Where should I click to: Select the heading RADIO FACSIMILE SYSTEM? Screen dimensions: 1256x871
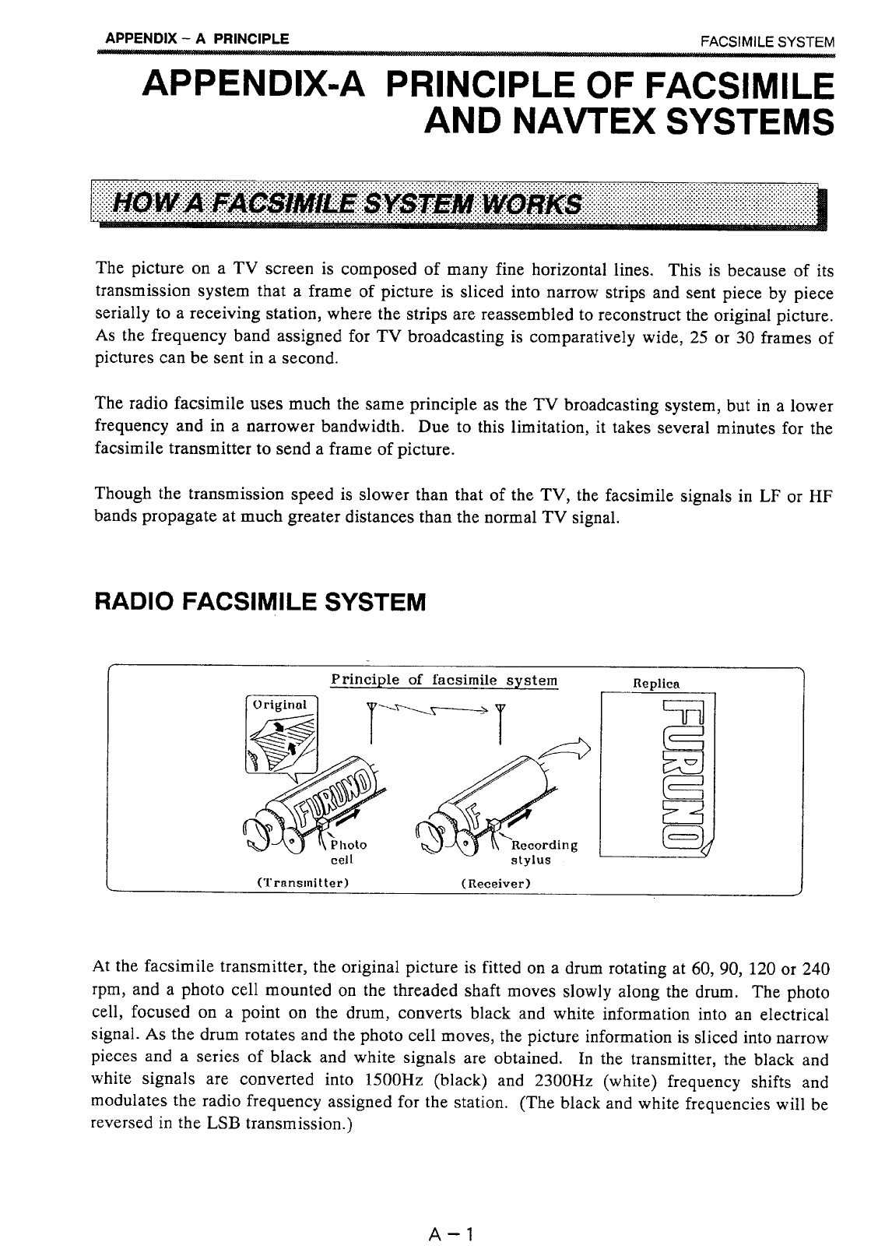tap(260, 602)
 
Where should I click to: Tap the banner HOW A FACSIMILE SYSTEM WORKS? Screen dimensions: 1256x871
tap(347, 205)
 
